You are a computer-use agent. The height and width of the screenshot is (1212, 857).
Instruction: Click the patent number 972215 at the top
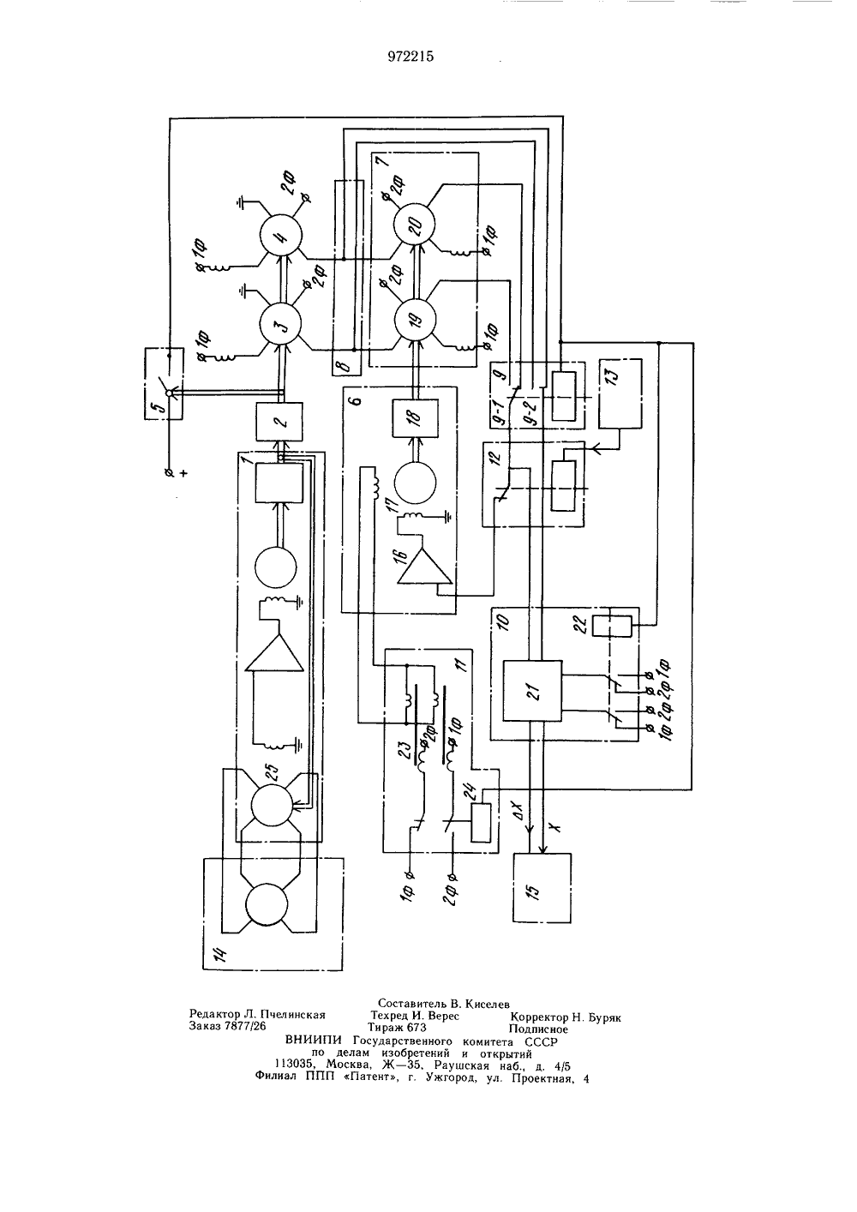tap(411, 57)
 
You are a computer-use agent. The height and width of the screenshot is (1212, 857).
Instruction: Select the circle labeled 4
tap(280, 235)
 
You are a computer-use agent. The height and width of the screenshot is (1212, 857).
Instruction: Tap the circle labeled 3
tap(279, 323)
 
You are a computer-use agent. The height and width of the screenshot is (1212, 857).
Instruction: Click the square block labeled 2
tap(279, 422)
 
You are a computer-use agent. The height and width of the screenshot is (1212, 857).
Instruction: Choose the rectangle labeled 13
tap(620, 393)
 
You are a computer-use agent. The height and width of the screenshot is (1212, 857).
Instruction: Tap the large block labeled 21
tap(532, 690)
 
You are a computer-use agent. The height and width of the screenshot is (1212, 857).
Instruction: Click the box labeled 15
tap(542, 887)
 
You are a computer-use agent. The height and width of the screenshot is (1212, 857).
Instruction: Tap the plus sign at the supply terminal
tap(184, 473)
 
